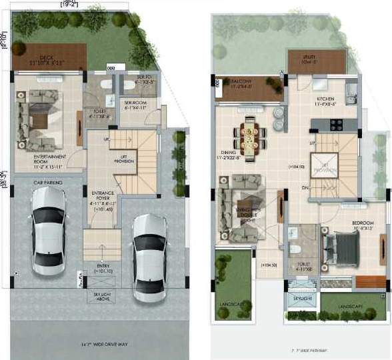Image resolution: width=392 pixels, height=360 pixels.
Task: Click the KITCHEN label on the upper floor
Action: point(328,101)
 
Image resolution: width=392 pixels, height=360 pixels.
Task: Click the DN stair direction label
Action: point(304,187)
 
